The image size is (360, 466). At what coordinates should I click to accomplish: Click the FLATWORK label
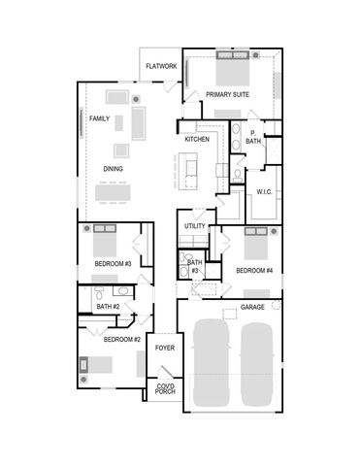click(x=161, y=66)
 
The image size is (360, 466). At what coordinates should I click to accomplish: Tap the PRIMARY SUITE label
click(x=228, y=94)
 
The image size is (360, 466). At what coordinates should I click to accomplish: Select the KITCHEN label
click(x=198, y=140)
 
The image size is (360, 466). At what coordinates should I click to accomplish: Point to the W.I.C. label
click(x=265, y=192)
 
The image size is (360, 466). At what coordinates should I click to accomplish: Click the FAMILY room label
click(x=100, y=119)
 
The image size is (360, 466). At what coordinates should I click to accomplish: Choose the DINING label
click(x=114, y=169)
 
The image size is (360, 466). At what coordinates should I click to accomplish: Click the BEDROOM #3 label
click(x=113, y=264)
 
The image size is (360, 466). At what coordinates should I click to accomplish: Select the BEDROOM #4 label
click(x=253, y=270)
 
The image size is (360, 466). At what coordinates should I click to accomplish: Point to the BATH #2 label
click(x=107, y=307)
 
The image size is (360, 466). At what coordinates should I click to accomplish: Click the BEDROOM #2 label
click(x=122, y=339)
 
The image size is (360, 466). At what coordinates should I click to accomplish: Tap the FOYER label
click(x=165, y=347)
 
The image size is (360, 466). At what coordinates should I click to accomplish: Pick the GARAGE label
click(x=253, y=307)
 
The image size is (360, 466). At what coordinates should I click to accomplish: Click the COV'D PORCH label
click(x=166, y=389)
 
